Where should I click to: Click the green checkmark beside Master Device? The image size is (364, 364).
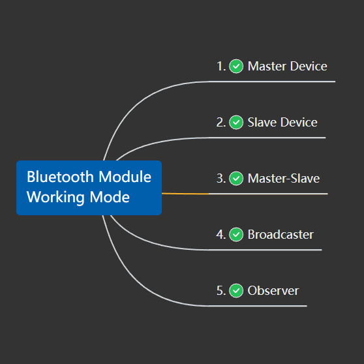pyautogui.click(x=237, y=66)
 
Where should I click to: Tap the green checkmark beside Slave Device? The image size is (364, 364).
pyautogui.click(x=237, y=122)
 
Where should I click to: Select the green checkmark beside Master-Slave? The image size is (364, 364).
pyautogui.click(x=237, y=178)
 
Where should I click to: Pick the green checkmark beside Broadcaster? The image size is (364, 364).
pyautogui.click(x=237, y=234)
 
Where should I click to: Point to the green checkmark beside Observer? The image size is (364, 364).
pyautogui.click(x=237, y=290)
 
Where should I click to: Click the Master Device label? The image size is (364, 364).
pyautogui.click(x=287, y=66)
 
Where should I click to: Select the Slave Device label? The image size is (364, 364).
pyautogui.click(x=282, y=122)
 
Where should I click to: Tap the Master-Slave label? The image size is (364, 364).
pyautogui.click(x=284, y=178)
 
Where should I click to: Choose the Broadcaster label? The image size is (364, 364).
pyautogui.click(x=281, y=234)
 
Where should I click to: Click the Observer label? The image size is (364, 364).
pyautogui.click(x=273, y=290)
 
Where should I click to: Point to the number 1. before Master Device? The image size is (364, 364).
pyautogui.click(x=221, y=66)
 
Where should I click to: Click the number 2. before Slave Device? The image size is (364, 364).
pyautogui.click(x=221, y=122)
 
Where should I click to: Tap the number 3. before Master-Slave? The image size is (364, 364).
pyautogui.click(x=221, y=178)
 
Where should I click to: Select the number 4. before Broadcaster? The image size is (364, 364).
pyautogui.click(x=221, y=234)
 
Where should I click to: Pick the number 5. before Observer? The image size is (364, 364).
pyautogui.click(x=221, y=290)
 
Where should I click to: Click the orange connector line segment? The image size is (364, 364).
pyautogui.click(x=185, y=194)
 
